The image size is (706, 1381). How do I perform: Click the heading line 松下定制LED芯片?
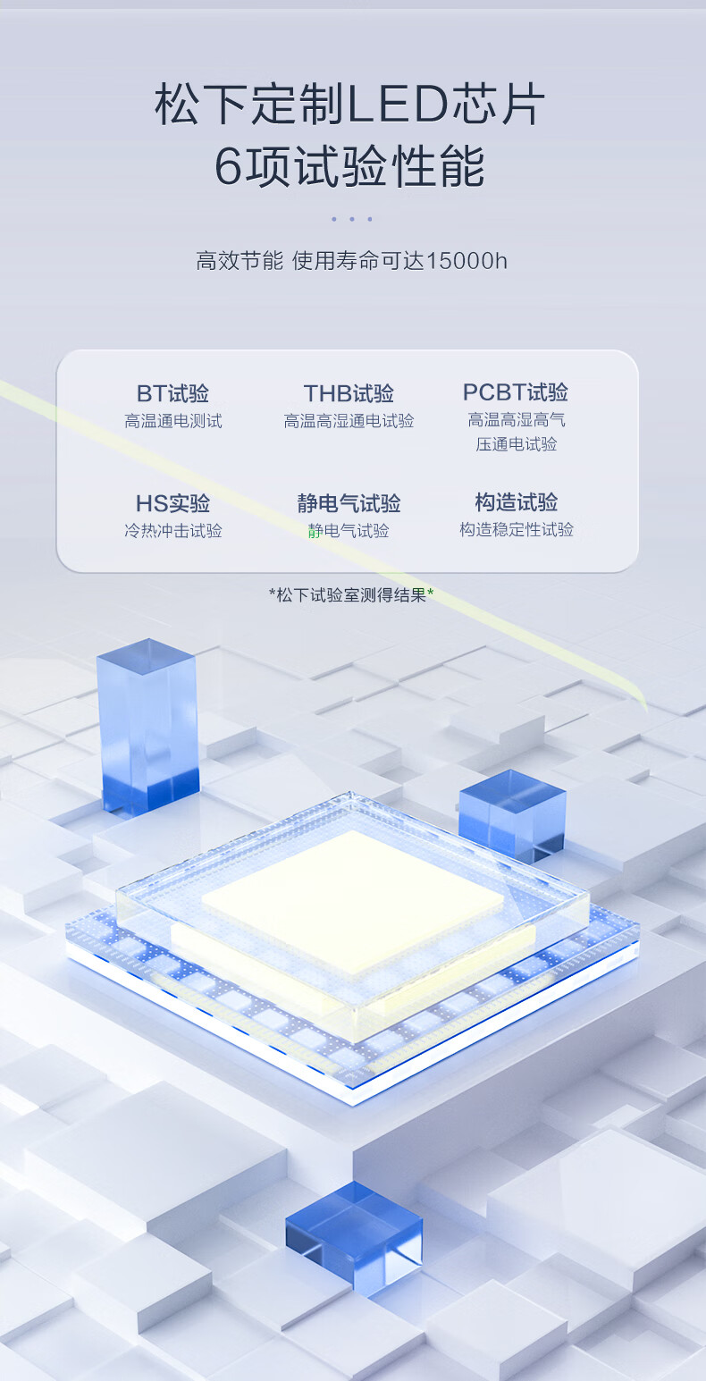tap(349, 104)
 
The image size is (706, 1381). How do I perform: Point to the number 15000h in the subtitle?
tap(466, 261)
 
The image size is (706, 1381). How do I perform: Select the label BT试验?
tap(172, 392)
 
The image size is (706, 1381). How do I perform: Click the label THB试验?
tap(349, 392)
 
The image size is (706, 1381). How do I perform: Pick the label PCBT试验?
tap(516, 392)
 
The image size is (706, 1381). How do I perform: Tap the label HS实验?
tap(172, 503)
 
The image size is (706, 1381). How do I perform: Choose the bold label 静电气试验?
tap(349, 503)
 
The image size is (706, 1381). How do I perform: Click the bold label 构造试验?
tap(516, 501)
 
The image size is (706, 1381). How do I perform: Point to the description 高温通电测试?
tap(173, 421)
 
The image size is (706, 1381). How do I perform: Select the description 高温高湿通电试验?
tap(349, 421)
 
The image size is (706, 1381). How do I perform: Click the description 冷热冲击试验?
tap(173, 531)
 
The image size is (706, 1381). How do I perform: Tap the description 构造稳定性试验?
tap(516, 529)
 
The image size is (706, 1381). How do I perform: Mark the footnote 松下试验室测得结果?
tap(351, 595)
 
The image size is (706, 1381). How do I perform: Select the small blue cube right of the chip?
tap(512, 813)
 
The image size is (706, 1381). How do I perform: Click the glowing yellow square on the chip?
tap(353, 901)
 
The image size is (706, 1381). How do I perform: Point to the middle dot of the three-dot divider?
tap(352, 219)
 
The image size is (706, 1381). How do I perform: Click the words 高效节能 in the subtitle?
tap(240, 261)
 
